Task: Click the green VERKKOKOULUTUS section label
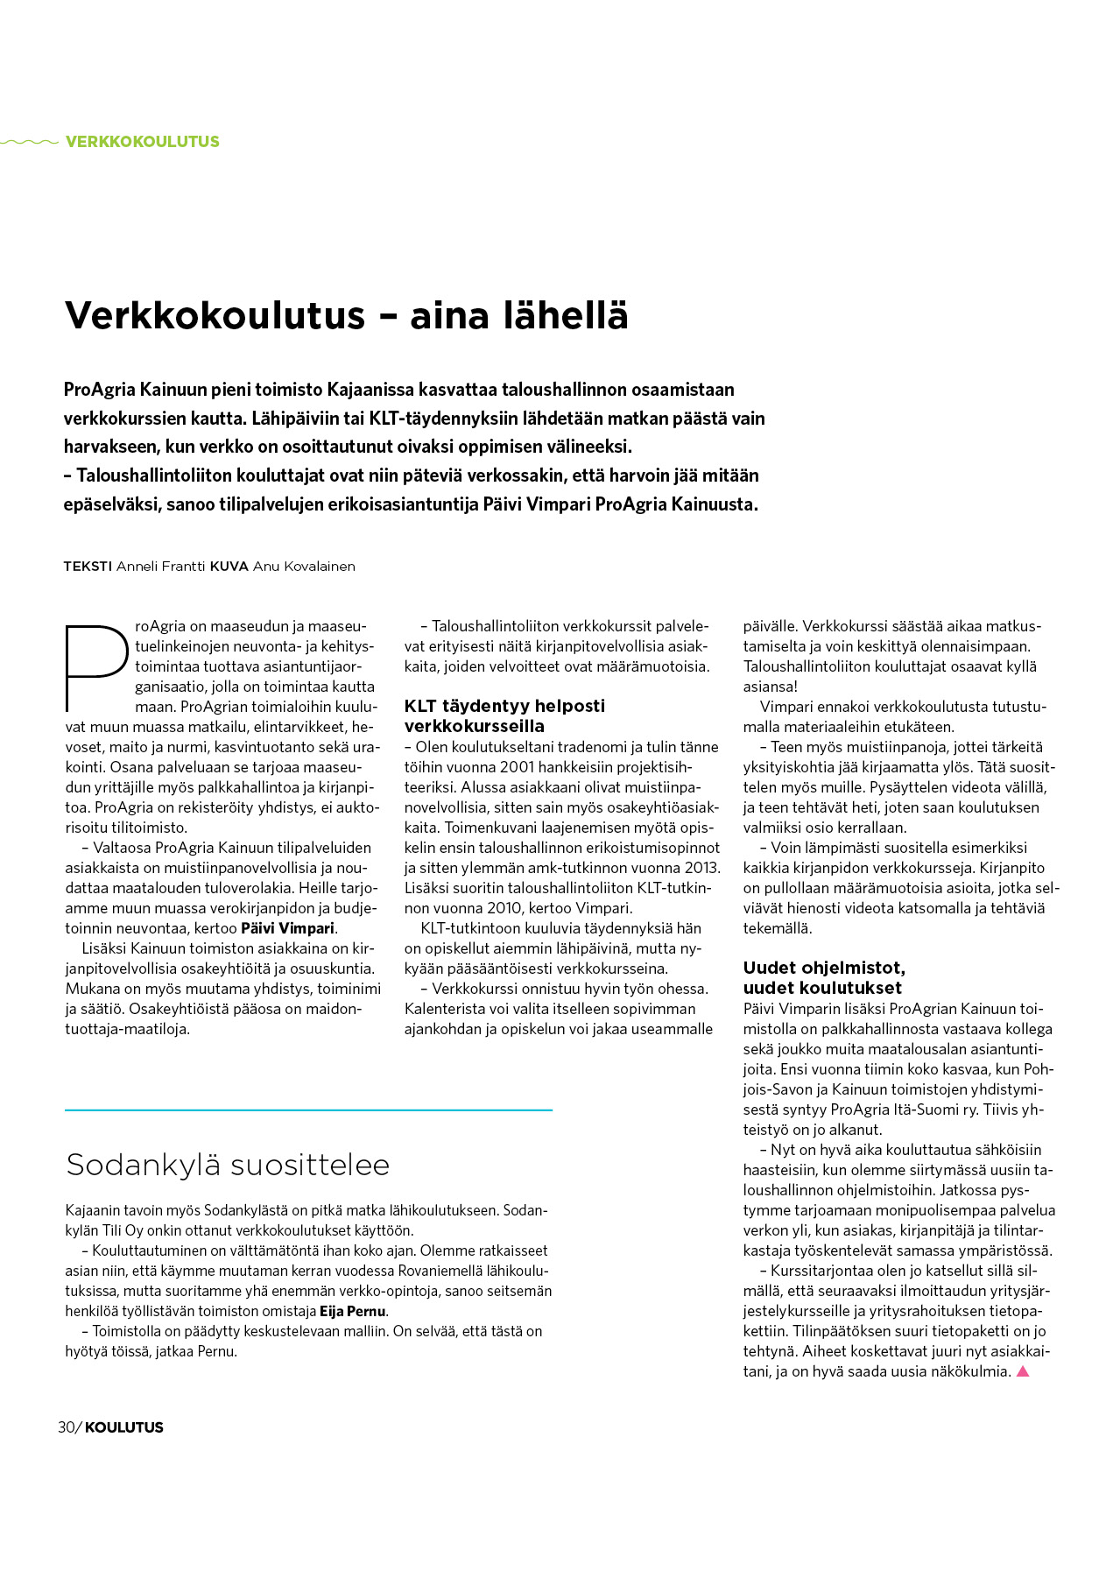(x=142, y=142)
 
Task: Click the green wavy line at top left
(x=30, y=142)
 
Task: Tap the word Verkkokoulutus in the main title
(x=215, y=315)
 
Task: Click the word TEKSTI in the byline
(x=88, y=567)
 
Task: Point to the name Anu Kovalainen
(x=304, y=567)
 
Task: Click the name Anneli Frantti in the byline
(x=161, y=567)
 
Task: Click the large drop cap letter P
(x=95, y=666)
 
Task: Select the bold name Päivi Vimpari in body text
(x=288, y=928)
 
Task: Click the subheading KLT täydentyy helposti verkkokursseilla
(x=504, y=715)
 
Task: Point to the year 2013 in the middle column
(x=702, y=868)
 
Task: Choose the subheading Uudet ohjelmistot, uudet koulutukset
(x=823, y=977)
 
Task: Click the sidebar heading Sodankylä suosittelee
(x=228, y=1165)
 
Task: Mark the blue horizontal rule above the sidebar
(x=308, y=1110)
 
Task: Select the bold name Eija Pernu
(x=353, y=1312)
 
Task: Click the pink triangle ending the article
(x=1022, y=1371)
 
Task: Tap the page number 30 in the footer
(x=67, y=1427)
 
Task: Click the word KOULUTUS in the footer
(x=124, y=1427)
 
